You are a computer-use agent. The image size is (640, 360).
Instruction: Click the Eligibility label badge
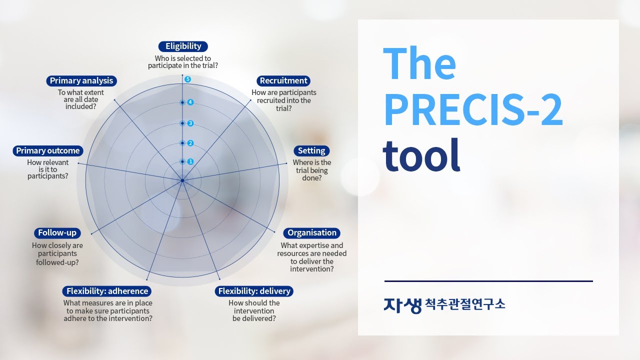click(x=183, y=46)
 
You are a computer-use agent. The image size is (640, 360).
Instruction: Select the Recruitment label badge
click(x=283, y=81)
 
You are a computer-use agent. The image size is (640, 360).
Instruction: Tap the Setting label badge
click(x=311, y=151)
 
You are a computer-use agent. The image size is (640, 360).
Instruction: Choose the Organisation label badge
click(x=312, y=233)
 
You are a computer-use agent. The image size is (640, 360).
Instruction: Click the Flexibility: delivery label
click(x=254, y=291)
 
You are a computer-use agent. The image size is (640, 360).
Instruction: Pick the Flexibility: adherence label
click(x=107, y=291)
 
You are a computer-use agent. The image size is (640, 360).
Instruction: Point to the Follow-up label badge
click(x=57, y=233)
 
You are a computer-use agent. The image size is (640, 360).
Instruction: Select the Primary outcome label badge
click(x=48, y=151)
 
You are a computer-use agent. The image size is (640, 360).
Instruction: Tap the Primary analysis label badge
click(x=81, y=81)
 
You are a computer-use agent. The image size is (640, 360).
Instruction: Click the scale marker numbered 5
click(x=188, y=79)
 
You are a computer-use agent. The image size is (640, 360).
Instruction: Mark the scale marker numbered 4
click(x=190, y=102)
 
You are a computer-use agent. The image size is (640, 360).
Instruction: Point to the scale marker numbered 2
click(x=190, y=143)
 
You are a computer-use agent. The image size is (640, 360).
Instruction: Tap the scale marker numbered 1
click(x=190, y=162)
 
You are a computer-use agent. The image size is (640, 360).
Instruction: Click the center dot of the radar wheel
click(x=182, y=180)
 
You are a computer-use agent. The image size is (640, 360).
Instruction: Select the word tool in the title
click(x=421, y=155)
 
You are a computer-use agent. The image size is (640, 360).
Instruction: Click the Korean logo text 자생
click(x=402, y=304)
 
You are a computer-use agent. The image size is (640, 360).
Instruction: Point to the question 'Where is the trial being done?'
click(x=311, y=170)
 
